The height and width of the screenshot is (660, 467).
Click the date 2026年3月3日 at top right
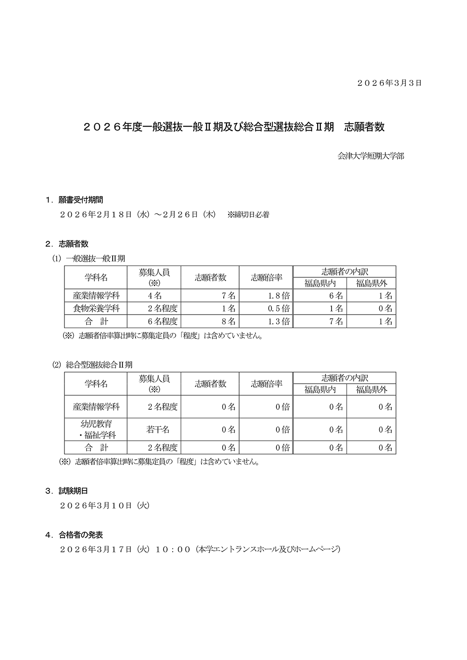tap(389, 83)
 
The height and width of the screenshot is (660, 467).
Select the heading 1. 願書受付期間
tap(74, 200)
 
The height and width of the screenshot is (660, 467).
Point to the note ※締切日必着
tap(248, 215)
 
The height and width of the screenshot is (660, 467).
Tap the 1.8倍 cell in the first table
tap(279, 295)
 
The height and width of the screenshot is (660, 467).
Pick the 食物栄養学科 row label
tap(96, 309)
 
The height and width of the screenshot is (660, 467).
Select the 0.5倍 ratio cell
tap(279, 309)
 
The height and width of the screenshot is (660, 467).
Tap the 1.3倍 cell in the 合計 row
tap(279, 321)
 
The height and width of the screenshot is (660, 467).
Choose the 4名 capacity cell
tap(155, 295)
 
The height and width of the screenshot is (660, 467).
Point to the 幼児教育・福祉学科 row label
tap(96, 429)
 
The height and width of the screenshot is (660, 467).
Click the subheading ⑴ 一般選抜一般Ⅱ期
tap(89, 258)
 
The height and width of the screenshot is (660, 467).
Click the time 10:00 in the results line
tap(172, 549)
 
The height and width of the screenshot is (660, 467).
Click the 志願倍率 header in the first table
tap(266, 277)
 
